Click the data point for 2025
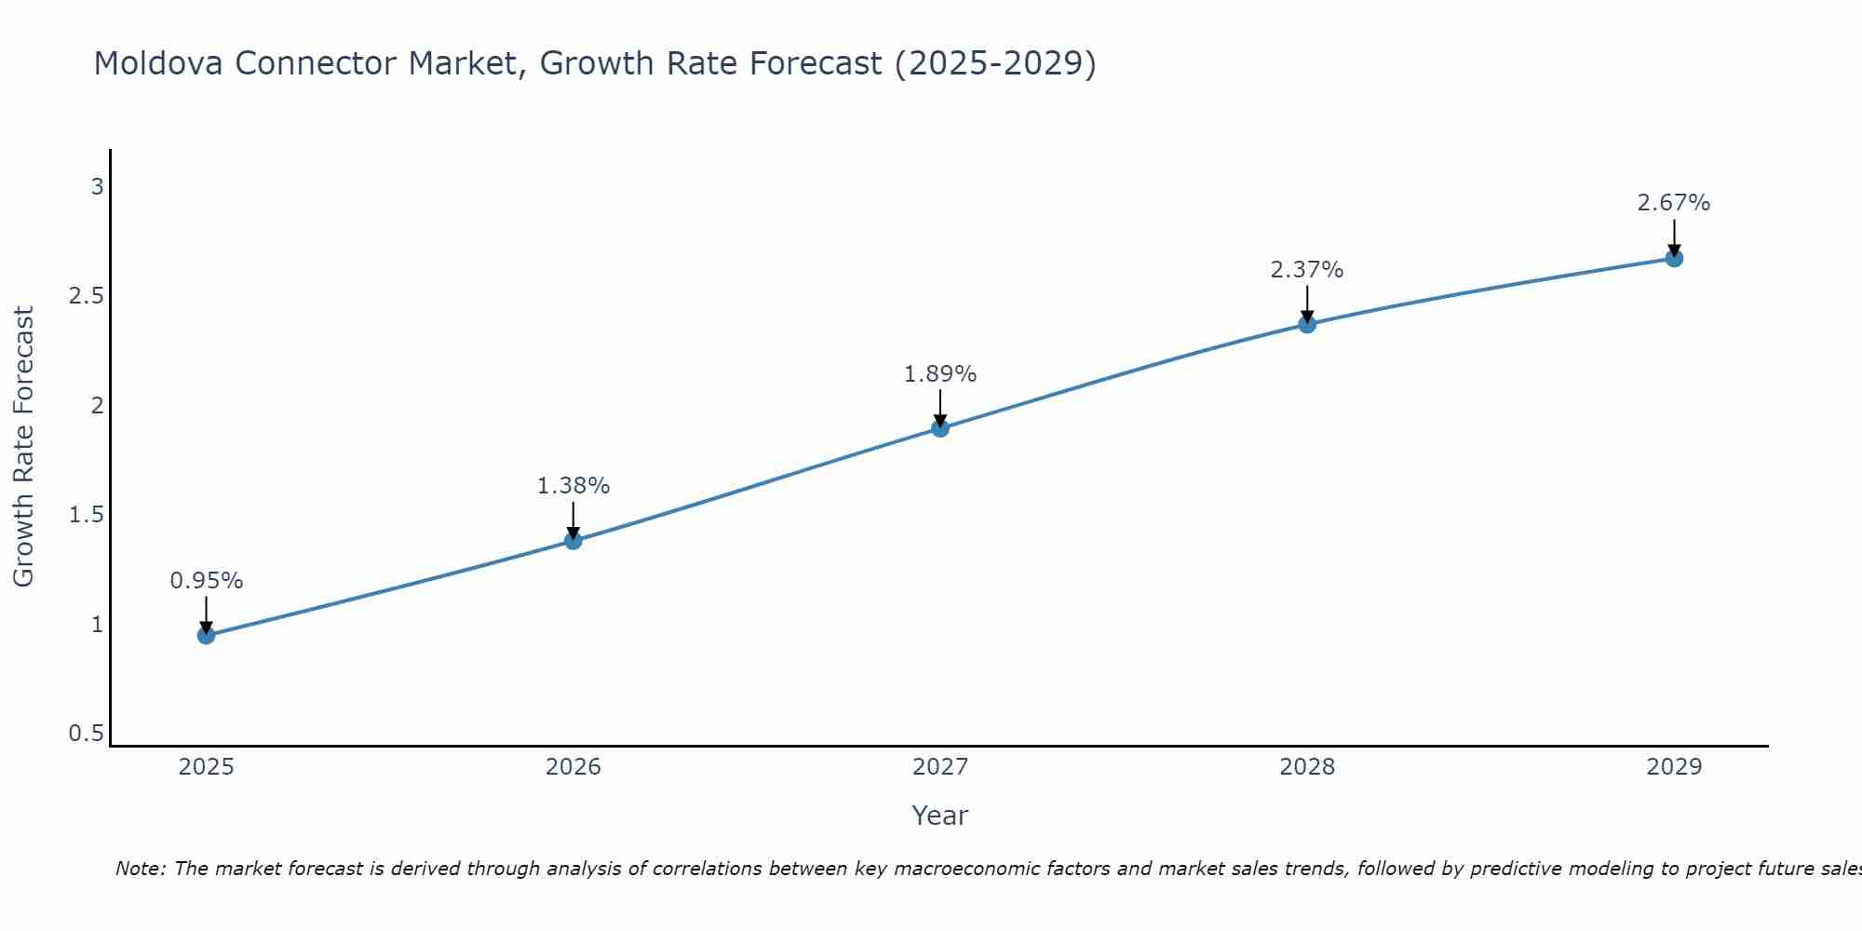point(207,636)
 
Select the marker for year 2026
point(573,541)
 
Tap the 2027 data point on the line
point(940,428)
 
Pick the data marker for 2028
point(1307,324)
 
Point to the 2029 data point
point(1674,258)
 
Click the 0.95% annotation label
point(207,581)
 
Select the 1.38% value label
point(573,486)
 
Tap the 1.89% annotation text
point(940,374)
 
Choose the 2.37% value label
point(1307,270)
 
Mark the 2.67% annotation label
point(1674,203)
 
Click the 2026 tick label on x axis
point(573,767)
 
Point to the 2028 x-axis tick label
point(1307,767)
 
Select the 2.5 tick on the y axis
point(87,296)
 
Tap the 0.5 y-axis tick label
point(87,734)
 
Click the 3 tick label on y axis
point(97,187)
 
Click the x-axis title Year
point(940,816)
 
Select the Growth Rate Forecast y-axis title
point(23,447)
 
